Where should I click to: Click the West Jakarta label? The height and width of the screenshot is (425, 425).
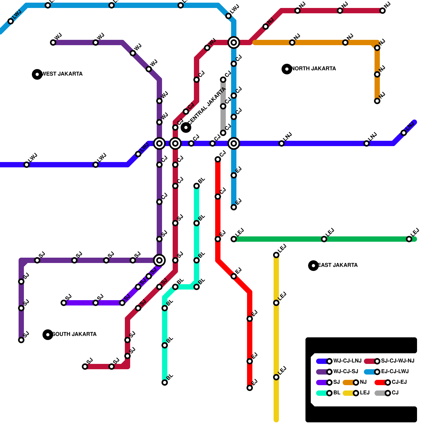62,74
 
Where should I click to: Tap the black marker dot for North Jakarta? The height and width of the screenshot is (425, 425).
287,69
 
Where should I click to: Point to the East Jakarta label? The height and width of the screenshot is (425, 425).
338,265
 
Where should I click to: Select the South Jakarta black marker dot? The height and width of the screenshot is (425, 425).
48,335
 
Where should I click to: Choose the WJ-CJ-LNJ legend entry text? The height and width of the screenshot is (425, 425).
347,361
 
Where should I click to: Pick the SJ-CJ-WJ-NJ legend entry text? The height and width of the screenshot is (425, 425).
397,361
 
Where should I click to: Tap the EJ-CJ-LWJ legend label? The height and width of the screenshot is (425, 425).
395,371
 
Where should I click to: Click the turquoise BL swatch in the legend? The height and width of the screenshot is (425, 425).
322,393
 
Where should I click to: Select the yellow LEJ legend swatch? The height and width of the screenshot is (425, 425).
348,393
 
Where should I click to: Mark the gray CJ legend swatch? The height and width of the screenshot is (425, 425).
380,393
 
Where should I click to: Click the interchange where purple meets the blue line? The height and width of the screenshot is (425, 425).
159,143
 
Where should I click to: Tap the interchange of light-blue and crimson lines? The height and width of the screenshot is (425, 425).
234,42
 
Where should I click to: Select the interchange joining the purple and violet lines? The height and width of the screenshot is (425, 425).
159,260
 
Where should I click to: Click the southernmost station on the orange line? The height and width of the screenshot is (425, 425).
377,101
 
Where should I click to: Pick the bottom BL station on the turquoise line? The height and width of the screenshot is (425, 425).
165,382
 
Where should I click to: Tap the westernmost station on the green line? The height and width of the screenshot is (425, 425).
234,239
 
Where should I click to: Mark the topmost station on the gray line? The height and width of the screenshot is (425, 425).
223,80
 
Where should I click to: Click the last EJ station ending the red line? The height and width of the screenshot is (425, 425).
250,388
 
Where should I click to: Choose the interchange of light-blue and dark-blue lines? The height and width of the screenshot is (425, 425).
234,143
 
